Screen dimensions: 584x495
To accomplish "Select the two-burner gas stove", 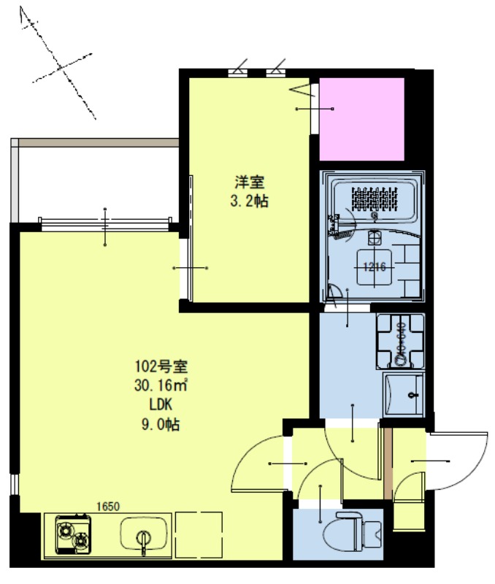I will click(x=73, y=534).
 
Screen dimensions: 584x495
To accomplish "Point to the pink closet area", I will click(x=362, y=119).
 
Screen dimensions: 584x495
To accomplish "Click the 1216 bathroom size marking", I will click(x=374, y=267).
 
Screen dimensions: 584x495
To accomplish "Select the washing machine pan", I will click(x=400, y=341).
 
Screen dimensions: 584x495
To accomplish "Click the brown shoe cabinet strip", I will click(x=388, y=464).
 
